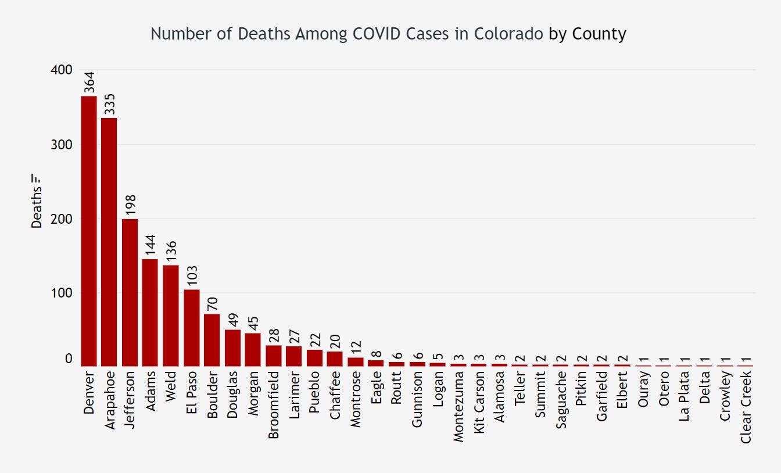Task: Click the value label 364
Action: pos(89,82)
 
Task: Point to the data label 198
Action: pos(130,205)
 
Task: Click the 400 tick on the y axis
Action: pos(62,70)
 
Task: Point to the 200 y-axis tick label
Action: pos(62,218)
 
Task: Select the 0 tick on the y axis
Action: pos(69,359)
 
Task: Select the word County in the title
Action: pos(599,34)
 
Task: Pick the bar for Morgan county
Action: pos(253,349)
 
